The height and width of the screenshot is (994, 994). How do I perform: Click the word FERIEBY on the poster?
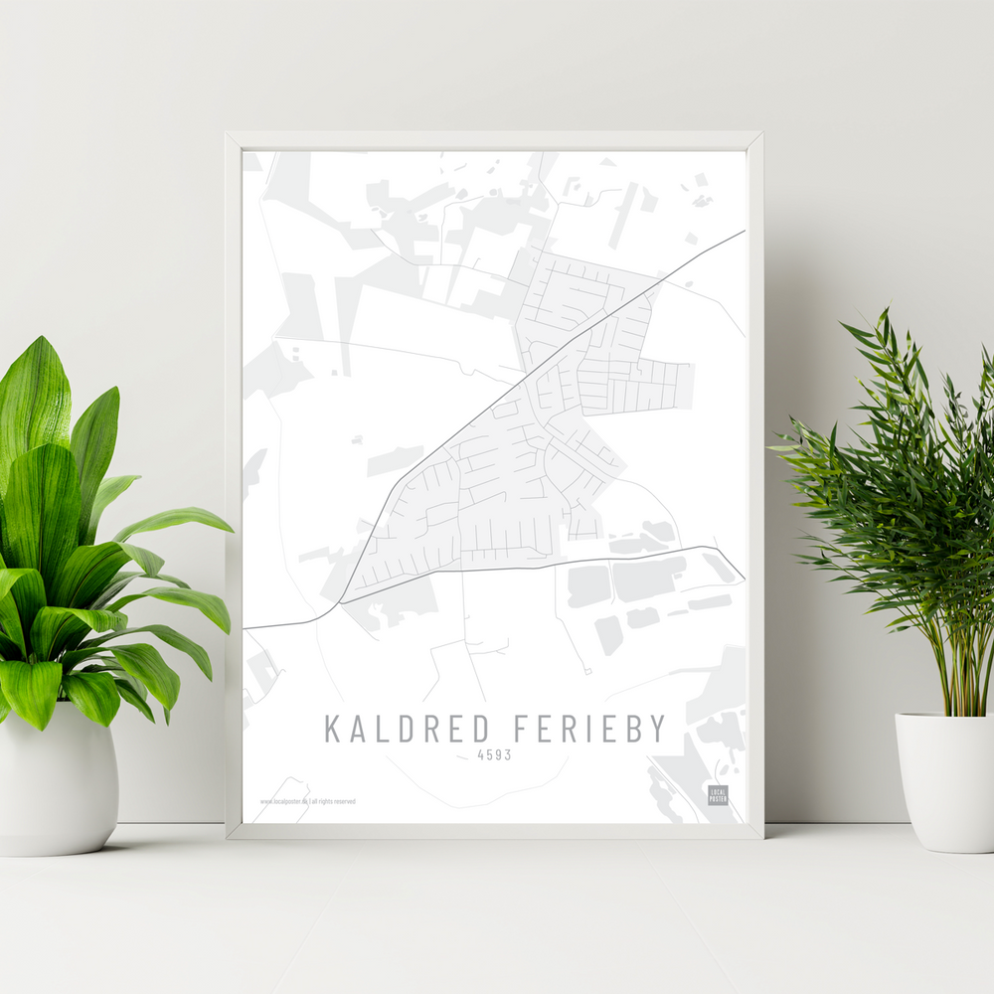(589, 729)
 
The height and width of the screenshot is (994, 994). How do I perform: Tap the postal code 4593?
(494, 755)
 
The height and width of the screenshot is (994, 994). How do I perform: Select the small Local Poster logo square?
(718, 794)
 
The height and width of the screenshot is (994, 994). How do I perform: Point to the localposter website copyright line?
(307, 801)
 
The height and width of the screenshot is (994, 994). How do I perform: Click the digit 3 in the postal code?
(507, 755)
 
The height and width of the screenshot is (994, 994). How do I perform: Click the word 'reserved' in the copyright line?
(344, 801)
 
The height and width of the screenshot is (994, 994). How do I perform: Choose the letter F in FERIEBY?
(523, 729)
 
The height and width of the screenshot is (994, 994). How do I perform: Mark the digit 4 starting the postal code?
(481, 755)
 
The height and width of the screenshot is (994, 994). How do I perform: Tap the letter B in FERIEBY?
(629, 729)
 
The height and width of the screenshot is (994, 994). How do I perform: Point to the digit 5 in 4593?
(490, 755)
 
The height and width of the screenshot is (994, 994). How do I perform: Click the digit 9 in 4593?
(498, 755)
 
